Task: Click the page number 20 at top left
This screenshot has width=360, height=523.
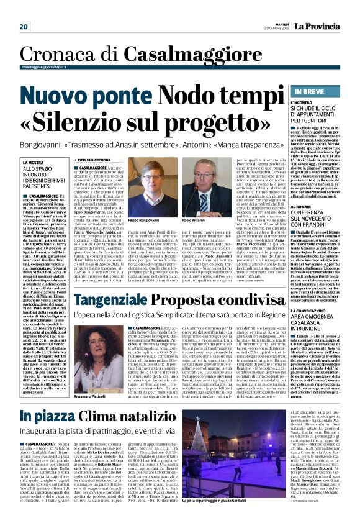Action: click(24, 27)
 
